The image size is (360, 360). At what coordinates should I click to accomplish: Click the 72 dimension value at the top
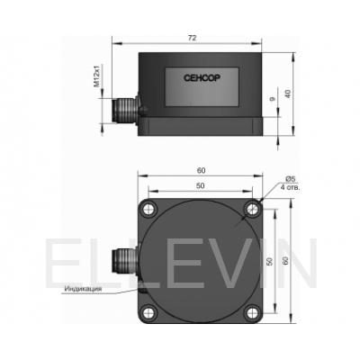click(192, 38)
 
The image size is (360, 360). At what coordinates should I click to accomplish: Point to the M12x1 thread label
click(96, 76)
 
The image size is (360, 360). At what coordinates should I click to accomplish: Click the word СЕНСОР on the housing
click(202, 78)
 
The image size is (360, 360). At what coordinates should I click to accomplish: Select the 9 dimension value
click(273, 99)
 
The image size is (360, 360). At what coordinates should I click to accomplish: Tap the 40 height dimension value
click(288, 94)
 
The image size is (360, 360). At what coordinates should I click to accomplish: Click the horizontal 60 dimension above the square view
click(201, 171)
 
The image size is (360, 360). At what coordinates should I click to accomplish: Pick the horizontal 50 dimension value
click(201, 186)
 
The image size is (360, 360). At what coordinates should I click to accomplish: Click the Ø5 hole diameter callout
click(290, 179)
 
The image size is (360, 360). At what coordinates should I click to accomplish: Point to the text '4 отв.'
click(290, 188)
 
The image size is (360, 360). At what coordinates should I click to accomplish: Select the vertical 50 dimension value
click(270, 261)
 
